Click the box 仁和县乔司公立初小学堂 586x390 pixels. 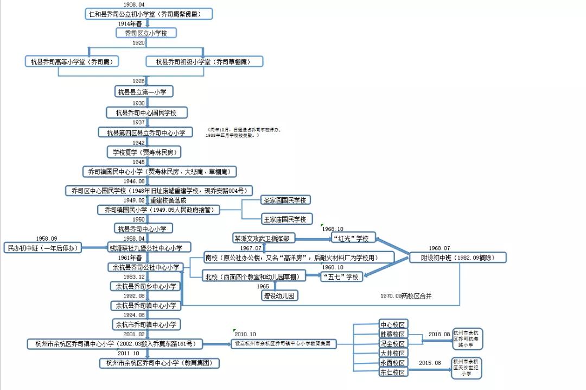(x=149, y=14)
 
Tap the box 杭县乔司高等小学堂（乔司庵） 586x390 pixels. (x=72, y=61)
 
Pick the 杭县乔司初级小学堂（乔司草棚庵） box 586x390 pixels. (x=205, y=61)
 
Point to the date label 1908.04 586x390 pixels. (x=134, y=4)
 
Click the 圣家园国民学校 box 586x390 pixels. (x=285, y=200)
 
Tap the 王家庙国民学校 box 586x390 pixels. (x=285, y=219)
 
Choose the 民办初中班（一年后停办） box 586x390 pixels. (x=42, y=248)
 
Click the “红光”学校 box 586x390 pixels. (x=353, y=238)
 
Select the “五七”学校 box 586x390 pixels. (x=340, y=276)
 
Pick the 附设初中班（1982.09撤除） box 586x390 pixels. (x=456, y=257)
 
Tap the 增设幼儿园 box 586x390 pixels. (x=280, y=295)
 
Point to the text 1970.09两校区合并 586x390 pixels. (x=406, y=296)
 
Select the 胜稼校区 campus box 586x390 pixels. (x=393, y=334)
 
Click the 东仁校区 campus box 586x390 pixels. (x=393, y=373)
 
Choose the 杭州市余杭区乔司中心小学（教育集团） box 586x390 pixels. (x=159, y=363)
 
